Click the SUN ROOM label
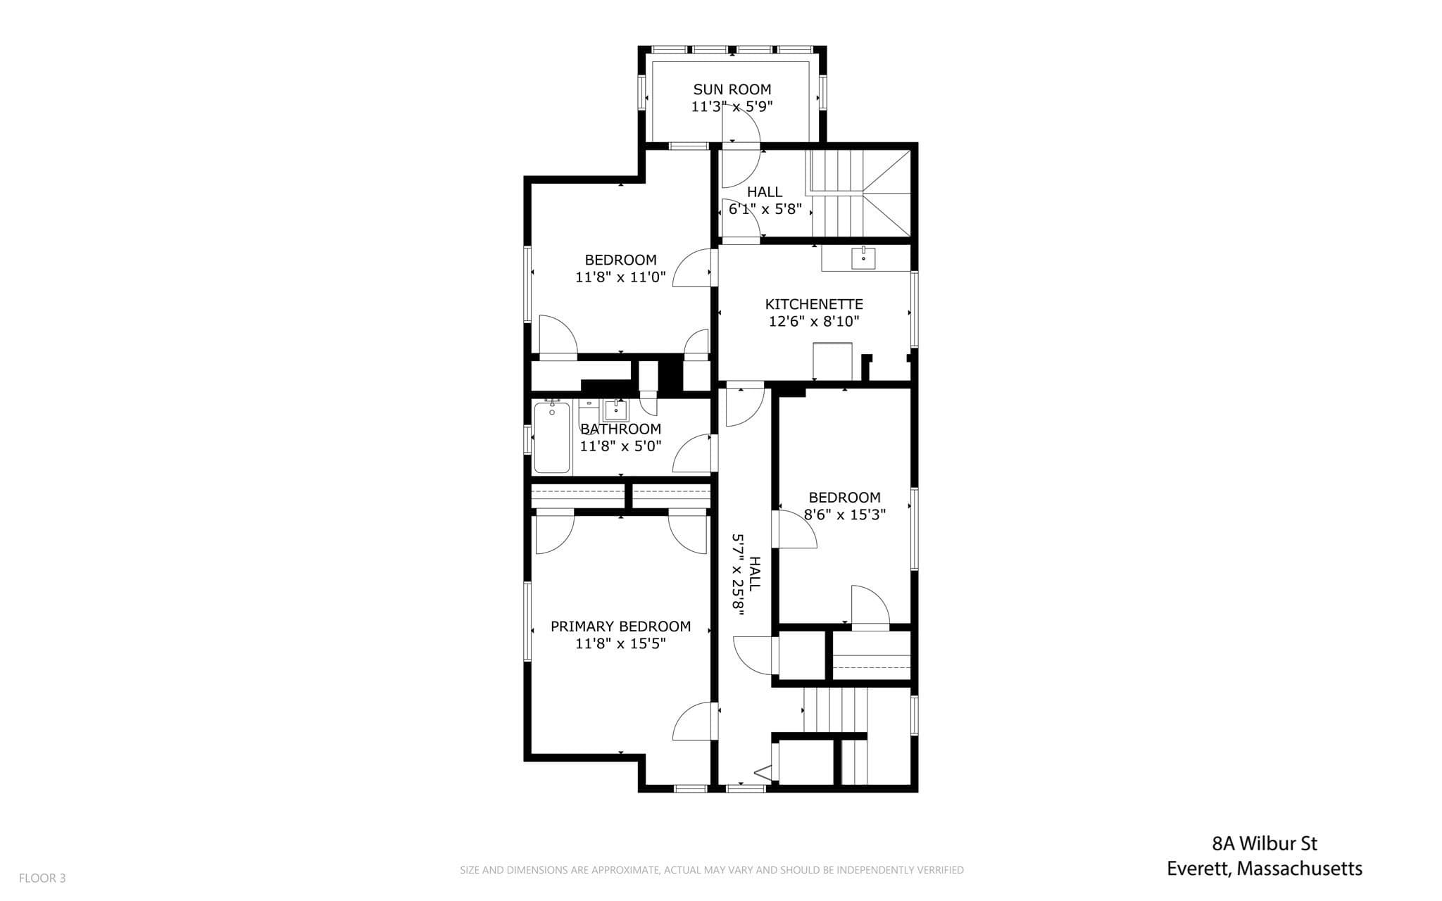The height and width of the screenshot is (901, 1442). (732, 89)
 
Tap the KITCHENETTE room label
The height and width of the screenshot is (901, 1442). (814, 304)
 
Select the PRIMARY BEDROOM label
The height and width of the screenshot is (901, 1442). (620, 626)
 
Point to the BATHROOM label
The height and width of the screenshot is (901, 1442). (620, 429)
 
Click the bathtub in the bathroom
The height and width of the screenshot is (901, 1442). (552, 437)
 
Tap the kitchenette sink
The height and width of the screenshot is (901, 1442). (863, 258)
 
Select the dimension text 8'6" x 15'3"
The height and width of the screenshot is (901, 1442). (845, 515)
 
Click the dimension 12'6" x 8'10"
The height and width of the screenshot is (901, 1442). (814, 322)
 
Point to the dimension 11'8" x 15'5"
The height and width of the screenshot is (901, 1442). (620, 643)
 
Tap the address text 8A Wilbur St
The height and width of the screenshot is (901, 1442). (1265, 843)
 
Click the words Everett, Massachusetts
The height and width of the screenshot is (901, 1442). (1265, 869)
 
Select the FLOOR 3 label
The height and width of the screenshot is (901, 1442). (42, 878)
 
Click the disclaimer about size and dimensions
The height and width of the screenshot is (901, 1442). (712, 870)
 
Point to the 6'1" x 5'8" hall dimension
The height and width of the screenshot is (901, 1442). (765, 209)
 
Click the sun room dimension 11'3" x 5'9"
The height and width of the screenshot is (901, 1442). (732, 107)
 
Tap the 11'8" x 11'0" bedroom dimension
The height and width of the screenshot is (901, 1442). (620, 277)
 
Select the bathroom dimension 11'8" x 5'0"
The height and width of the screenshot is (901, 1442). (620, 446)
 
